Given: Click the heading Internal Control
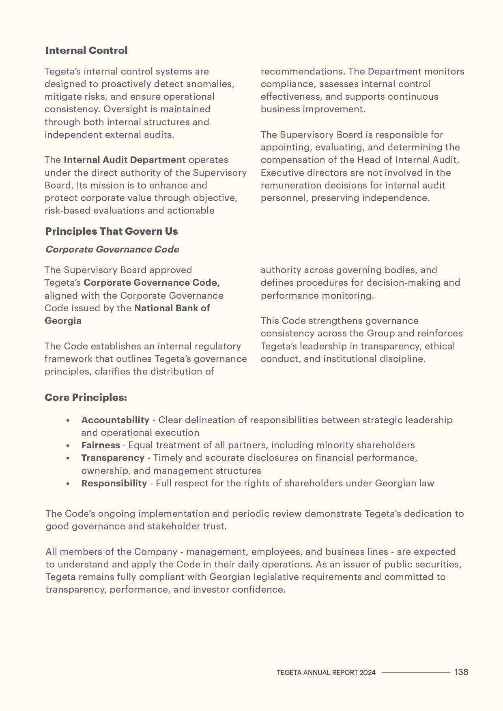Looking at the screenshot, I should [x=86, y=51].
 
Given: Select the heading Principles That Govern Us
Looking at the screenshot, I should [x=112, y=231].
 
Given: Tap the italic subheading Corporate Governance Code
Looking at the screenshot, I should [x=112, y=249].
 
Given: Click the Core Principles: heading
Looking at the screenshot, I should [x=86, y=398].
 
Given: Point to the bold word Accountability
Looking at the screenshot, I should [x=115, y=420].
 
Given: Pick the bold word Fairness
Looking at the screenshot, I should [x=101, y=445].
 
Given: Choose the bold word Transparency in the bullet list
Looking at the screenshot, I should [x=113, y=458].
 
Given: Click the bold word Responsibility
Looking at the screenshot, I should [x=114, y=483].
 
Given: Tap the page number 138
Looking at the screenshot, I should [x=461, y=672].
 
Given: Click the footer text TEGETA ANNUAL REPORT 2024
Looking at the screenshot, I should [x=326, y=672].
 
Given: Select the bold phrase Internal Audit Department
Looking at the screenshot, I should [x=125, y=160].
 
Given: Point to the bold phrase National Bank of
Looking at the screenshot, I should [x=172, y=308].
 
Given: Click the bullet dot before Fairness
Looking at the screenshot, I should [x=68, y=445].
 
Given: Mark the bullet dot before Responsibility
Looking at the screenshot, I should [x=68, y=484].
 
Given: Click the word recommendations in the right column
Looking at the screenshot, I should [x=303, y=72].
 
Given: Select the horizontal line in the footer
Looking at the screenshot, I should [x=416, y=672].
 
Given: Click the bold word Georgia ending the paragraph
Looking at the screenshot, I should [x=63, y=321].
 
